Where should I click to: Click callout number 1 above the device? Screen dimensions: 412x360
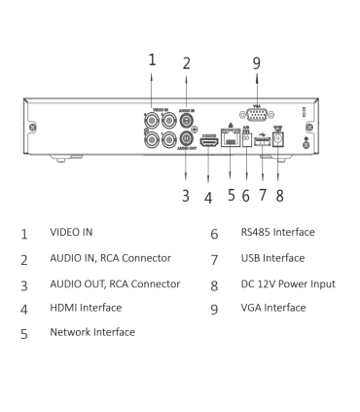pyautogui.click(x=152, y=59)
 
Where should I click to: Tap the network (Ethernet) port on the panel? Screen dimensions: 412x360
pyautogui.click(x=230, y=137)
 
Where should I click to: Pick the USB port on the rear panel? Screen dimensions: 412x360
pyautogui.click(x=262, y=141)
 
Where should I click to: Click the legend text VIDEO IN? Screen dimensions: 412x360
pyautogui.click(x=71, y=233)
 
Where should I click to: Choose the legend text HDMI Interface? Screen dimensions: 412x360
pyautogui.click(x=86, y=308)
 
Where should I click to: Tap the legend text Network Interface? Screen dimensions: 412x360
pyautogui.click(x=92, y=332)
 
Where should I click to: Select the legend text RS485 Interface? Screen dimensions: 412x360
pyautogui.click(x=278, y=233)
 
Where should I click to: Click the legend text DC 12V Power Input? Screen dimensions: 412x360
pyautogui.click(x=288, y=283)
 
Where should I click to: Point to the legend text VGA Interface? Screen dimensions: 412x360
pyautogui.click(x=272, y=308)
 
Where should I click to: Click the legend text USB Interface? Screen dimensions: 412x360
pyautogui.click(x=272, y=258)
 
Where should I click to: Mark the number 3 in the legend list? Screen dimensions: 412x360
pyautogui.click(x=23, y=284)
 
